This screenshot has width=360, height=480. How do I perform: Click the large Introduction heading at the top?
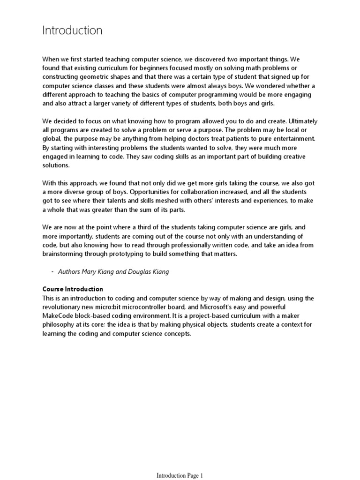click(x=72, y=31)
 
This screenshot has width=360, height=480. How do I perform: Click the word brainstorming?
click(x=65, y=254)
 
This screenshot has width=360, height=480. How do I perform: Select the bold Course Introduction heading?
click(x=73, y=289)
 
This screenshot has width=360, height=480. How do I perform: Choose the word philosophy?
click(x=60, y=325)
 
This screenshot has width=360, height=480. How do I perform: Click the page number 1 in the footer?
click(x=202, y=475)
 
